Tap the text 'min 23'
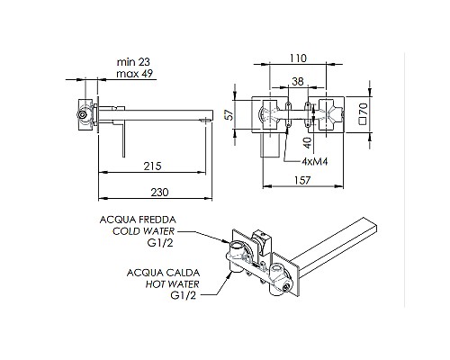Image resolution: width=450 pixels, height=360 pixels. (134, 62)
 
